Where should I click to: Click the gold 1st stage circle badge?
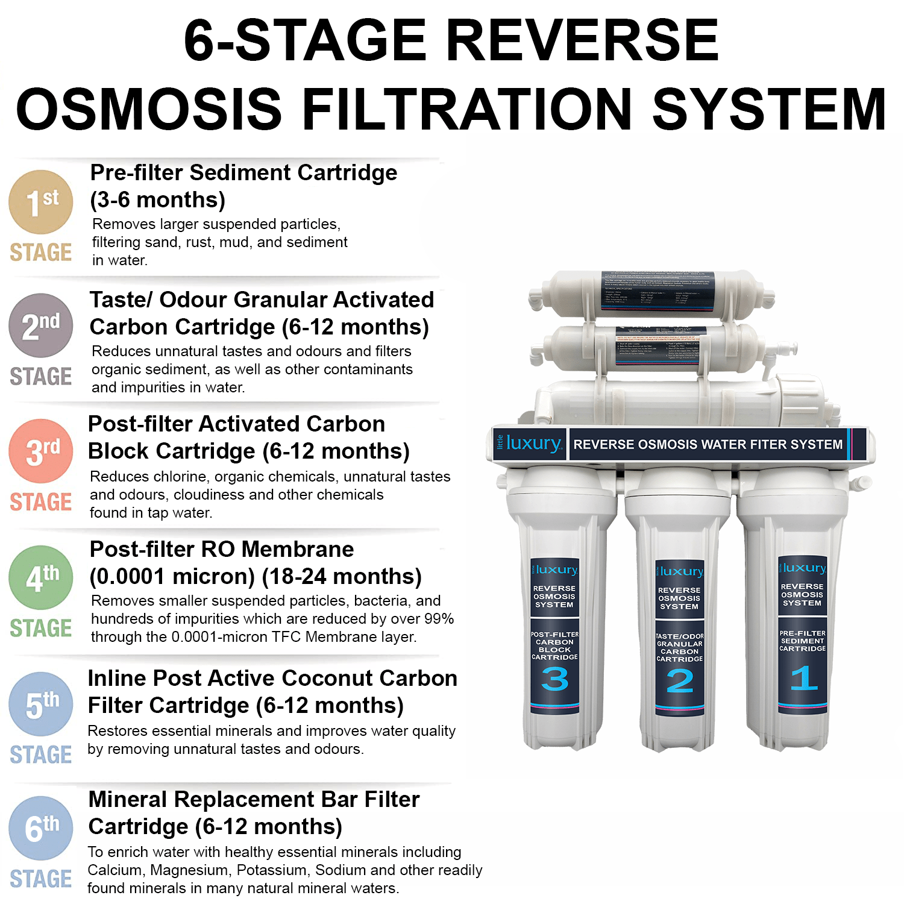pyautogui.click(x=40, y=202)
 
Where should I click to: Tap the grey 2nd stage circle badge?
pyautogui.click(x=40, y=325)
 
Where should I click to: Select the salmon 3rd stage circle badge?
pyautogui.click(x=40, y=451)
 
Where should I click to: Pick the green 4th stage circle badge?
pyautogui.click(x=40, y=577)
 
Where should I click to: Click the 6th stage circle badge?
pyautogui.click(x=40, y=828)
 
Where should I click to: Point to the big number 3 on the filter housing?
pyautogui.click(x=554, y=680)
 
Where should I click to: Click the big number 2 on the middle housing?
pyautogui.click(x=679, y=682)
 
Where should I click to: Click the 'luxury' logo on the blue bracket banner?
pyautogui.click(x=533, y=444)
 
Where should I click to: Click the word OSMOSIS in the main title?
pyautogui.click(x=148, y=109)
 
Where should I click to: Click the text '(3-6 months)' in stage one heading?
pyautogui.click(x=157, y=199)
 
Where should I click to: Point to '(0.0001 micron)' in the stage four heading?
pyautogui.click(x=172, y=576)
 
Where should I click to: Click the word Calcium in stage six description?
pyautogui.click(x=115, y=870)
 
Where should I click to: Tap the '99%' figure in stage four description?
pyautogui.click(x=438, y=618)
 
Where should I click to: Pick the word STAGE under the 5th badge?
pyautogui.click(x=40, y=755)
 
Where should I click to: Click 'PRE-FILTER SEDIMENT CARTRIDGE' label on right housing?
pyautogui.click(x=802, y=641)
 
